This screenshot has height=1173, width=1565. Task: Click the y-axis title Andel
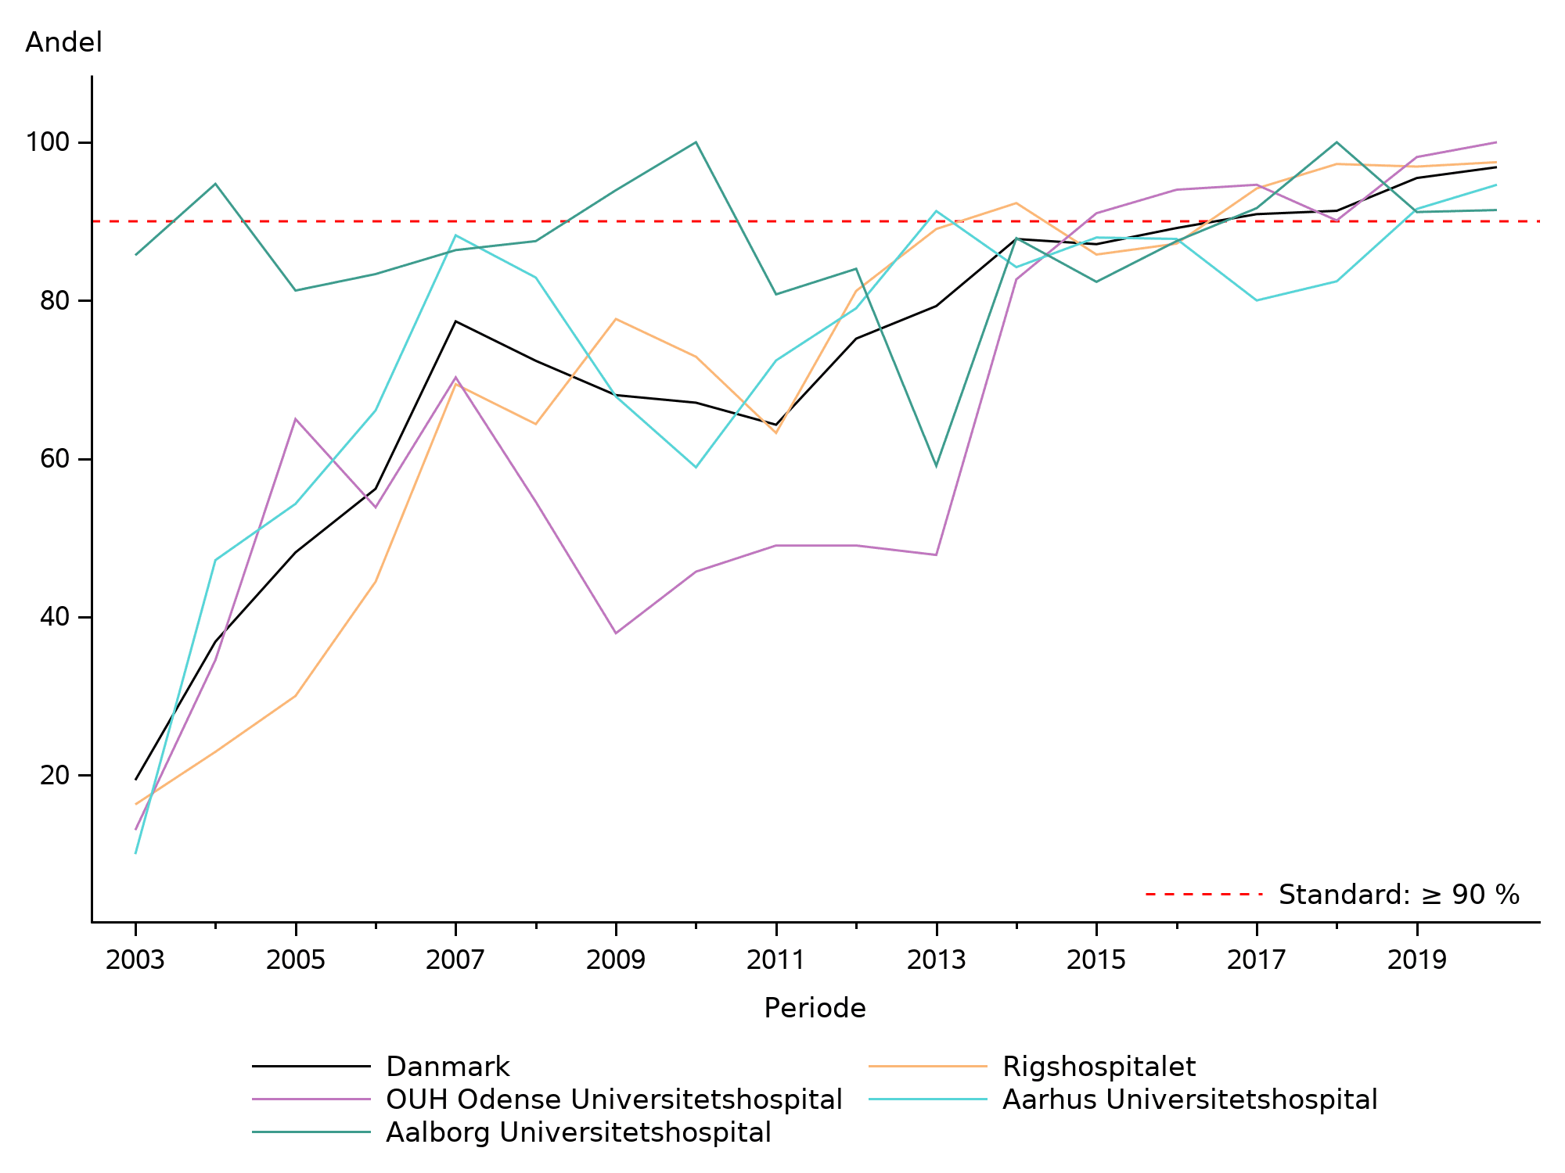click(63, 42)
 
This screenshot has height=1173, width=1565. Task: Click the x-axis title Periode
click(815, 1008)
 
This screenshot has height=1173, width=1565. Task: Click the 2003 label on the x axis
click(135, 960)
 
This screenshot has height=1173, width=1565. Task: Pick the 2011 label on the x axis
click(775, 960)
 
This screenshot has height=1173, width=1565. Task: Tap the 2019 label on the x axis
click(1416, 960)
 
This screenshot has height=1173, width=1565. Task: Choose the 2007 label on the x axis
click(455, 960)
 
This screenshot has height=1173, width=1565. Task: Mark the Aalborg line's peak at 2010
click(696, 142)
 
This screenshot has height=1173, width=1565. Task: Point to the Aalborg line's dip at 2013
click(936, 467)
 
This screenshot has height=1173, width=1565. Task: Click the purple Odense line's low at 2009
click(616, 633)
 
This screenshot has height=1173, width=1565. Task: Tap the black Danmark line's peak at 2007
click(455, 321)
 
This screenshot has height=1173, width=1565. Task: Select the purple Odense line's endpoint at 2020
click(1496, 142)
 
